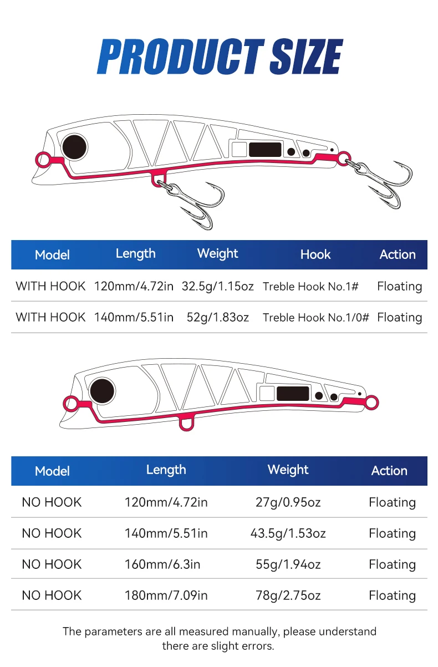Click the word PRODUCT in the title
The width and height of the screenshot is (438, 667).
click(181, 57)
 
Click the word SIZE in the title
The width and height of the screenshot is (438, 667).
click(306, 57)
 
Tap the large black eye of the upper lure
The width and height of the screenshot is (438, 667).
click(74, 147)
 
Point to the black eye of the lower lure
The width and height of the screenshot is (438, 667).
click(102, 391)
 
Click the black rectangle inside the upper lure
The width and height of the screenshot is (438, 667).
click(265, 150)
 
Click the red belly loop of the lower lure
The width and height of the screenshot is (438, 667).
click(186, 423)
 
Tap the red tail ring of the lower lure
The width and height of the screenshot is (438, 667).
click(371, 403)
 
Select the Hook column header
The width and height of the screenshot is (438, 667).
click(315, 254)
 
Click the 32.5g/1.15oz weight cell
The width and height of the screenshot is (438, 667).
click(218, 287)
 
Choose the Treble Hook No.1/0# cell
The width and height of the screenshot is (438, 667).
click(315, 317)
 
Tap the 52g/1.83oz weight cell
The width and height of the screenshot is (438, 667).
click(218, 317)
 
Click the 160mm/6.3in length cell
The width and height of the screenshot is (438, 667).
click(162, 564)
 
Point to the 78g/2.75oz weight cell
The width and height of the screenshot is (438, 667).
click(288, 595)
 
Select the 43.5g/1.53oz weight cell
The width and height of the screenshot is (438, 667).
click(288, 533)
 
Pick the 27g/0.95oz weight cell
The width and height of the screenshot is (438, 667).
click(288, 503)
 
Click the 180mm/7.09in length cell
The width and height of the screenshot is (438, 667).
click(166, 595)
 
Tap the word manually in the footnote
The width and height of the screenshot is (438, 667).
click(256, 632)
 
